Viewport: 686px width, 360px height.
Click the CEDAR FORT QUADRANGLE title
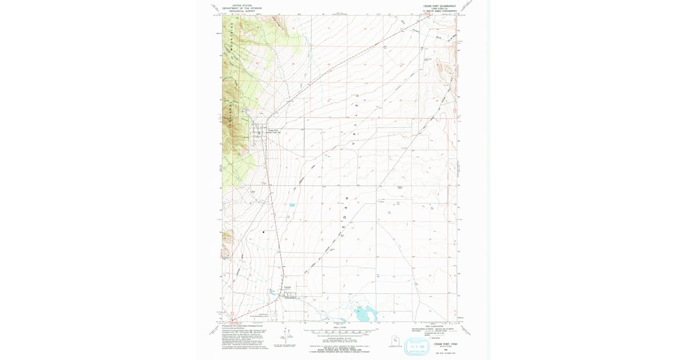pyautogui.click(x=439, y=5)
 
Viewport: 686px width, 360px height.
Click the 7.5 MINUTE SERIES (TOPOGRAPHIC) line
pyautogui.click(x=439, y=11)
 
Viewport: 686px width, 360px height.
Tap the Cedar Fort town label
pyautogui.click(x=273, y=130)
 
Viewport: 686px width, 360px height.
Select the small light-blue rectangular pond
pyautogui.click(x=292, y=205)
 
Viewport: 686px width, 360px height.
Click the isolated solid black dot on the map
pyautogui.click(x=264, y=232)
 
